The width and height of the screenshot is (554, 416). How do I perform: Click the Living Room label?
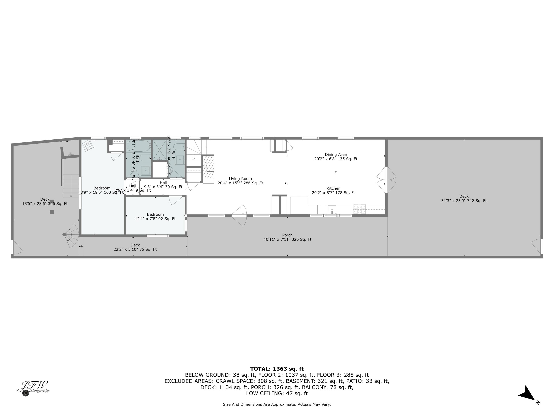(240, 181)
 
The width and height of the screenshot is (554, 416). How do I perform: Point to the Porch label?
(287, 237)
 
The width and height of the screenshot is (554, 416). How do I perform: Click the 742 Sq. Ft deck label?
(464, 199)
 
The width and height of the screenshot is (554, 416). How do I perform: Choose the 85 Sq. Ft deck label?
(135, 247)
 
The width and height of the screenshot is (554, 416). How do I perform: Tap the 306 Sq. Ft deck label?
(45, 202)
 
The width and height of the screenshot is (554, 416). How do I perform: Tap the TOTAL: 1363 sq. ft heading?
(277, 369)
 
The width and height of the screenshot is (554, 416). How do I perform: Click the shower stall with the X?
(160, 150)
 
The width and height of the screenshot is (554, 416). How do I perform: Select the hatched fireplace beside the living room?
(208, 167)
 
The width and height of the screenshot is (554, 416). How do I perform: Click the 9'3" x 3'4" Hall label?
(163, 185)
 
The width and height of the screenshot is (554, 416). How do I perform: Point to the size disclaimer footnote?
(277, 404)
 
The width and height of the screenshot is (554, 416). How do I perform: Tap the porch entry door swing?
(239, 216)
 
